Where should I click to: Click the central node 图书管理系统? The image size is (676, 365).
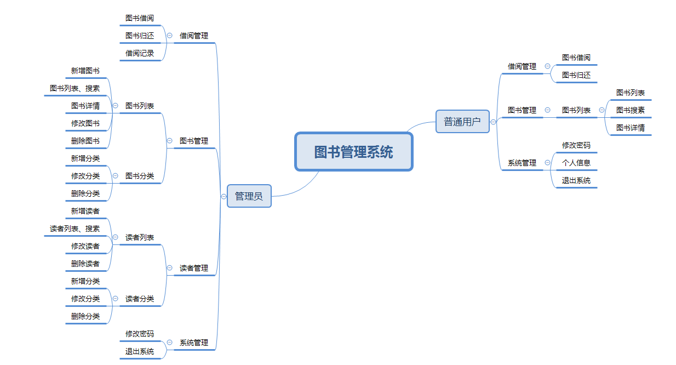click(353, 152)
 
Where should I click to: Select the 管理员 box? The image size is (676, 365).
click(249, 196)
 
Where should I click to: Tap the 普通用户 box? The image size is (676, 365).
click(462, 122)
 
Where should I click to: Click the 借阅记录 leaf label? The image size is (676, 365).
click(140, 53)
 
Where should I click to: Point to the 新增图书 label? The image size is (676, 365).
click(85, 71)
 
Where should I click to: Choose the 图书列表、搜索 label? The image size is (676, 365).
click(75, 88)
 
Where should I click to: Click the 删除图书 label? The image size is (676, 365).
click(85, 141)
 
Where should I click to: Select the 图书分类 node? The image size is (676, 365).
click(140, 176)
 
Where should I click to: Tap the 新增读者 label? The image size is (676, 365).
click(85, 211)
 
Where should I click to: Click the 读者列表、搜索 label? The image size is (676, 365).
click(75, 229)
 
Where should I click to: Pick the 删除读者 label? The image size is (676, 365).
click(85, 264)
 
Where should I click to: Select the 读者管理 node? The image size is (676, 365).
click(194, 268)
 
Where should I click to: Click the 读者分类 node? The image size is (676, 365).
click(140, 299)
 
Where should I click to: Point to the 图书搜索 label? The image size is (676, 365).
click(631, 110)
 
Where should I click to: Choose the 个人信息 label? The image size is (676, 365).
click(576, 163)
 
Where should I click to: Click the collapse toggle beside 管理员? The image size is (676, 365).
click(224, 196)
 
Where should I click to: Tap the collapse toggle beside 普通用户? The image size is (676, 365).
click(493, 122)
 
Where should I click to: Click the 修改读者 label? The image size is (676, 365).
click(85, 246)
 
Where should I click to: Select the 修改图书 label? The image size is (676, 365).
click(85, 123)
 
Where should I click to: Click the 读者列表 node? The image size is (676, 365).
click(140, 237)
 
